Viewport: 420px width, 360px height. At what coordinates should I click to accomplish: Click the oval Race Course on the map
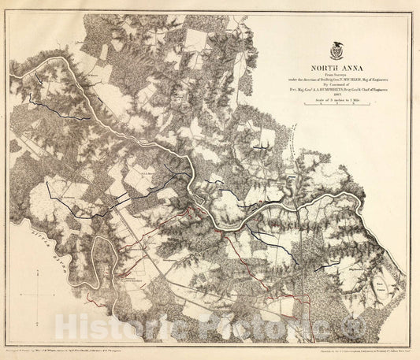(x=383, y=284)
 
